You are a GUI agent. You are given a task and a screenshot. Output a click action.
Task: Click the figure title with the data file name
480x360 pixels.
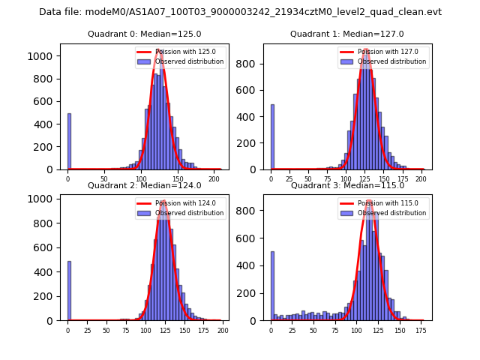[240, 12]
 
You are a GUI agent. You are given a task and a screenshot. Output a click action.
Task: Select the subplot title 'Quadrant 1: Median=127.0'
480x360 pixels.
[346, 34]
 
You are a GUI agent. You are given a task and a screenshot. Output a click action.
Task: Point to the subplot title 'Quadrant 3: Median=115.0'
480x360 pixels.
[346, 185]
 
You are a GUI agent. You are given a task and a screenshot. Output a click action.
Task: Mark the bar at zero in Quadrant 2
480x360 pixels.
[69, 291]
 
